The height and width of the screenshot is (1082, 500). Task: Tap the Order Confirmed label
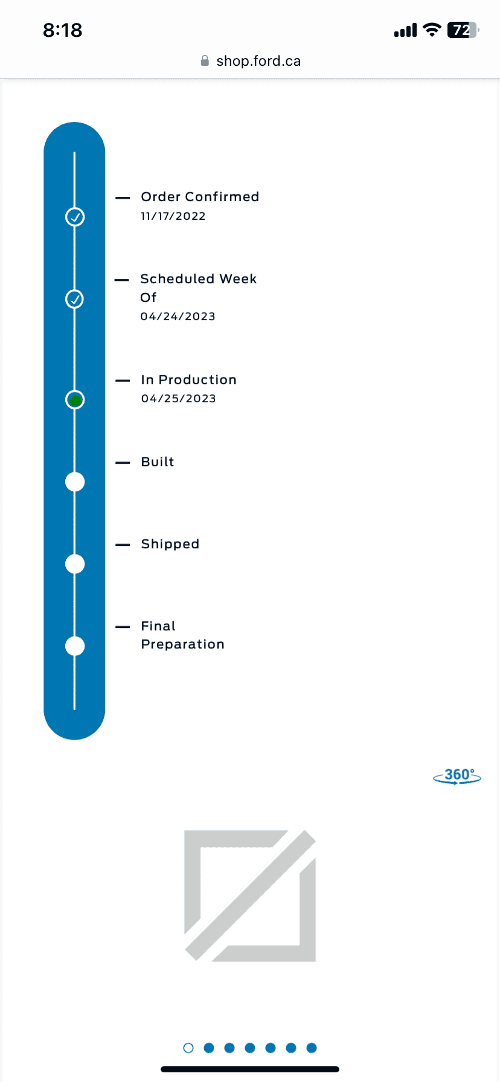tap(200, 197)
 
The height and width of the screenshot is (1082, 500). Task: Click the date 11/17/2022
tap(173, 216)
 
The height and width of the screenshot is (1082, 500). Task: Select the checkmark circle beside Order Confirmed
tap(75, 217)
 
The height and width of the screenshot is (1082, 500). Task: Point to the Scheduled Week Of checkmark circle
tap(75, 299)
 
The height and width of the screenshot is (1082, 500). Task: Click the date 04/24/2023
tap(178, 316)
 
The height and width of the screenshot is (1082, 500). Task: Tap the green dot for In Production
tap(75, 400)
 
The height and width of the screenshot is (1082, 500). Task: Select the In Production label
tap(189, 380)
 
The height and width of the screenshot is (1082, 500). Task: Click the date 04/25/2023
tap(179, 399)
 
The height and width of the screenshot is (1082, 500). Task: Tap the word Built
tap(158, 462)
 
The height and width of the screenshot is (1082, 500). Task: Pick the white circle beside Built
tap(75, 482)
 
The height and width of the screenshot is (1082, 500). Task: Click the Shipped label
tap(170, 544)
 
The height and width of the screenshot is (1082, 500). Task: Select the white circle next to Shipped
tap(75, 564)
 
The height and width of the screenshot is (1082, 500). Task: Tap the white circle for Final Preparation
tap(75, 646)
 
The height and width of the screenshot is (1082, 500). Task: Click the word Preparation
tap(183, 645)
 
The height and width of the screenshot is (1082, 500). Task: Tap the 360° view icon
tap(457, 776)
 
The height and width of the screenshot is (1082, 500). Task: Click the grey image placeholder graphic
tap(250, 895)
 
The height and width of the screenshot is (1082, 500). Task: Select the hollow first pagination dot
tap(188, 1048)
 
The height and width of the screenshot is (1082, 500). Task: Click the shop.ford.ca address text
tap(258, 61)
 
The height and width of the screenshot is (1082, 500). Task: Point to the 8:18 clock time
tap(63, 30)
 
